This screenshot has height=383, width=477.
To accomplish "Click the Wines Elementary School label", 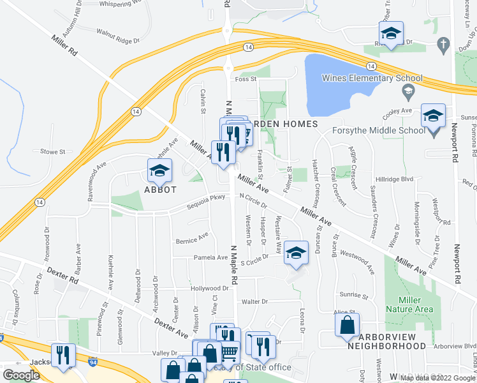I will tap(372, 79).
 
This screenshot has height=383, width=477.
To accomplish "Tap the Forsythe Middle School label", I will tap(378, 131).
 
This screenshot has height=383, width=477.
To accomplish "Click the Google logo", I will tap(21, 375).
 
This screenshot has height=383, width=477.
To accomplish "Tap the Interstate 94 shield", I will tap(94, 361).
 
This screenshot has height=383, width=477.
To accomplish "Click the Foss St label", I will tap(245, 80).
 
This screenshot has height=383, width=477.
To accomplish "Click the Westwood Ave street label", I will tap(358, 261).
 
